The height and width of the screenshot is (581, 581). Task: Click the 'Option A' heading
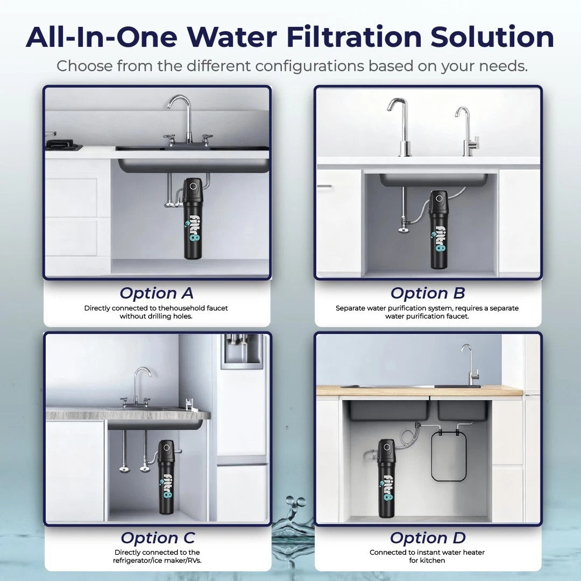tap(156, 293)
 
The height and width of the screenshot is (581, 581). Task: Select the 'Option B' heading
tap(428, 293)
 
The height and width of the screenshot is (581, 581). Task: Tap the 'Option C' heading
tap(157, 538)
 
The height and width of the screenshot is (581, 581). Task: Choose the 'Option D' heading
tap(427, 538)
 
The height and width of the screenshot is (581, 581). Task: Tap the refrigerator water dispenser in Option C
tap(242, 350)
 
